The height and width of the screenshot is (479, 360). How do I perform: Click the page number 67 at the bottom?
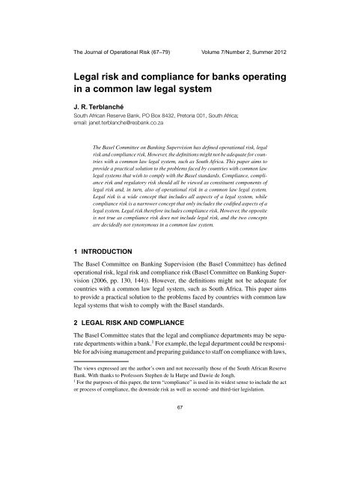[180, 449]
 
